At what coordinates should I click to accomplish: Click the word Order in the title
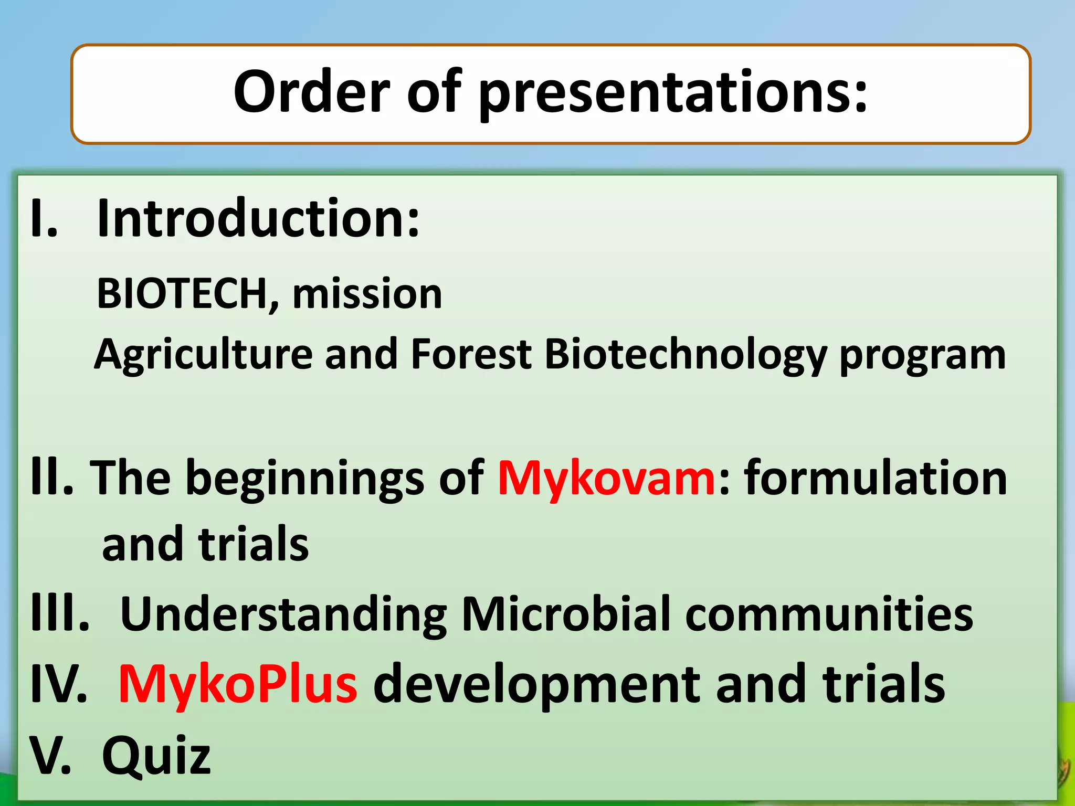pos(312,92)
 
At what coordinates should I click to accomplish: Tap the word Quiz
pos(156,756)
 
